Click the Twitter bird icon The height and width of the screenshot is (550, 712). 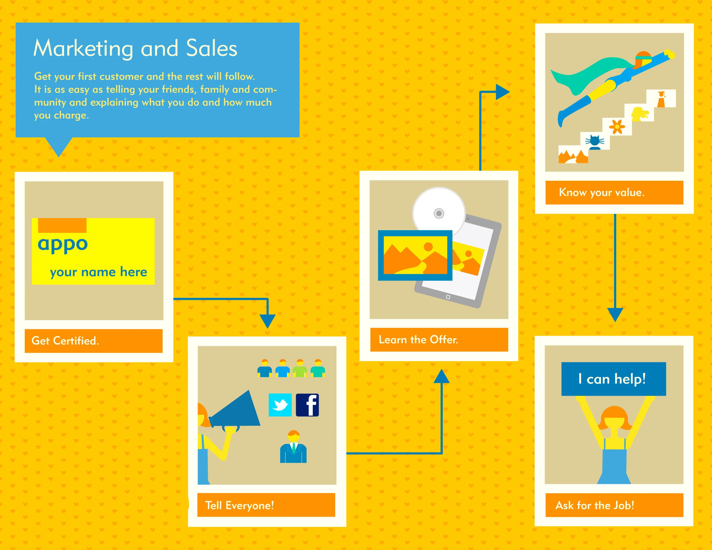pos(280,405)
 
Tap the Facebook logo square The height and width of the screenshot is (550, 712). pos(307,405)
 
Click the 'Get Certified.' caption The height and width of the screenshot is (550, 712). pos(65,341)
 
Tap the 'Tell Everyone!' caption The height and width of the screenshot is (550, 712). pos(239,505)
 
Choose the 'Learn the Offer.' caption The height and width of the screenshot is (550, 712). pos(418,340)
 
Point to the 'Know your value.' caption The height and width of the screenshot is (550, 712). pos(601,192)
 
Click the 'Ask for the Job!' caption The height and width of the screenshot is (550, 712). pos(595,505)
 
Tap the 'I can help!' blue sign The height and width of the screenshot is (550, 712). pos(613,379)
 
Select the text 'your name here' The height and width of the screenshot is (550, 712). pos(99,272)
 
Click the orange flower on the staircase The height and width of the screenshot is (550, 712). pos(617,127)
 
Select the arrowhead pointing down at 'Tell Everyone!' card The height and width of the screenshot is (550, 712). pos(267,321)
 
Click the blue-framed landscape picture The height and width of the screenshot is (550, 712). pos(415,255)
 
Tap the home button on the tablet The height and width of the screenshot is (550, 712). pos(448,297)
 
